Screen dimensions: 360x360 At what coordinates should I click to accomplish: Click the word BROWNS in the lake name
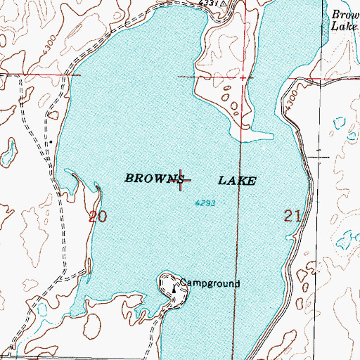153,179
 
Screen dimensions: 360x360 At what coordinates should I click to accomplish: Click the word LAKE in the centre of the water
237,181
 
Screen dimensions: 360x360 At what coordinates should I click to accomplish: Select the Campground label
210,284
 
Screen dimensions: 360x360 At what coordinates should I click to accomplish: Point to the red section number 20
98,217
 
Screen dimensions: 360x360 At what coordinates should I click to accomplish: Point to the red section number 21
293,217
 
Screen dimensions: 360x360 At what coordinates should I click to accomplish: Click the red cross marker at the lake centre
182,181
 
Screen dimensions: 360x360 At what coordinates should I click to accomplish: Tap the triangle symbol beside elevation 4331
223,4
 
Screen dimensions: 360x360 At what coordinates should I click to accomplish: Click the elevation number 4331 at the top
207,4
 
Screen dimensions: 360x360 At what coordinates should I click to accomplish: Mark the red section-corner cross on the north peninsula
243,77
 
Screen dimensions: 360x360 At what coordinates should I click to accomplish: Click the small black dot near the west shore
50,141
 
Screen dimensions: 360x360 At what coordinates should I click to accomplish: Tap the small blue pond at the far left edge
10,149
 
